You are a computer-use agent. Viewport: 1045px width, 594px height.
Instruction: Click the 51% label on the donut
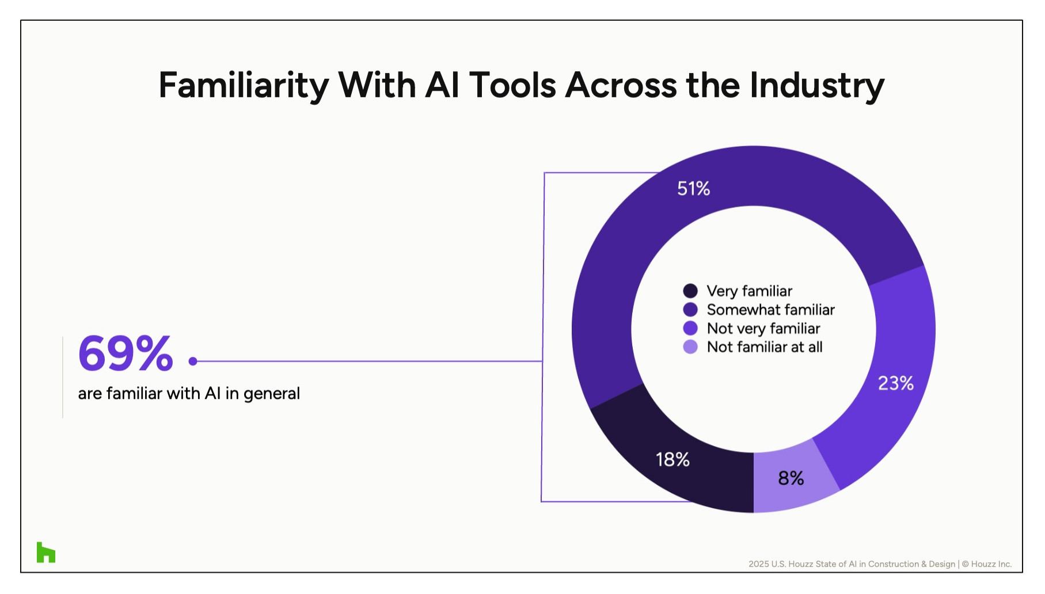click(x=693, y=188)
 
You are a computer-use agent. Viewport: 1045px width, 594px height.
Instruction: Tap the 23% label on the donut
click(x=895, y=383)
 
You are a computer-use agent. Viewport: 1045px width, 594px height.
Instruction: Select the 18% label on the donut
click(x=672, y=459)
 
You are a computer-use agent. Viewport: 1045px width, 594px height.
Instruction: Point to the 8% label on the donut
click(x=791, y=478)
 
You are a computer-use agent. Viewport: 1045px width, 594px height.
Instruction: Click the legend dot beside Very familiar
click(x=690, y=291)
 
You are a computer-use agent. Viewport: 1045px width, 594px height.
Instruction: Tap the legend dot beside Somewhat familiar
click(x=690, y=310)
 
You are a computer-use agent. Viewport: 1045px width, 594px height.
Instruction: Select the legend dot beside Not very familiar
click(x=690, y=328)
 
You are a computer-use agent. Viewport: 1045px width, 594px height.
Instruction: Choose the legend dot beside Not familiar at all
click(x=690, y=346)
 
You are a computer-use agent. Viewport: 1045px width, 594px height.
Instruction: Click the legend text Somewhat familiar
click(x=770, y=310)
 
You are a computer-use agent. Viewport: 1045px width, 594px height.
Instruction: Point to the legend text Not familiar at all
click(x=765, y=346)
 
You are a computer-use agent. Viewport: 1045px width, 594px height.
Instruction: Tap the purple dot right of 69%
click(x=193, y=361)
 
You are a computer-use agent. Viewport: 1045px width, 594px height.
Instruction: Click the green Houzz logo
click(x=46, y=552)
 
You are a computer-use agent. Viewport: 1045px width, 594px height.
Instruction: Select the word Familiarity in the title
click(x=244, y=86)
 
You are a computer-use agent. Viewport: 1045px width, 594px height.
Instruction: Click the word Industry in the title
click(x=816, y=86)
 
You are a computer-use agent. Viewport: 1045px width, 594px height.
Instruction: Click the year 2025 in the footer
click(x=758, y=564)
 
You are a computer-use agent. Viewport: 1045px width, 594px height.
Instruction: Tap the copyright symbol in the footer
click(x=965, y=564)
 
